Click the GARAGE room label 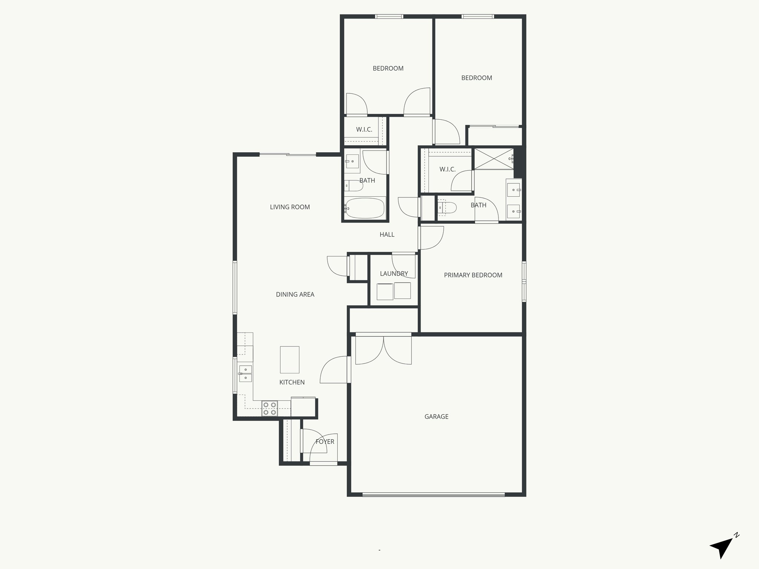436,417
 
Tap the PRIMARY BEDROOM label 473,275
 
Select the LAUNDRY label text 394,274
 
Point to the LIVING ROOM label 290,207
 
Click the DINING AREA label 295,295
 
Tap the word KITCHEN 292,382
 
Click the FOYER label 325,442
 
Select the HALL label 387,234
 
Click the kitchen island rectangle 289,360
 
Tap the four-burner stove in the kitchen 269,408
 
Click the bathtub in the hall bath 365,208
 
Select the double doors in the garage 384,350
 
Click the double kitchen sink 245,373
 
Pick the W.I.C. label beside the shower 447,169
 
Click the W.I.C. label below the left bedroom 364,130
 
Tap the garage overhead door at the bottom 433,494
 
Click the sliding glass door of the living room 288,154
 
